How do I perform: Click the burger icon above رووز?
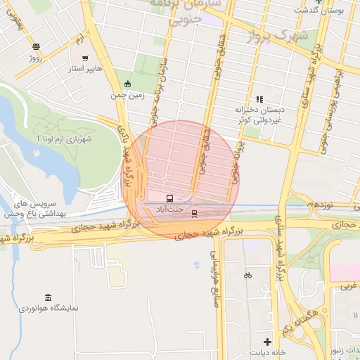pos(36,46)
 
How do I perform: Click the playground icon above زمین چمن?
pos(127,84)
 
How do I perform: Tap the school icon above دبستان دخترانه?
pos(259,99)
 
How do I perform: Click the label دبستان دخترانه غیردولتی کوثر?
pos(259,115)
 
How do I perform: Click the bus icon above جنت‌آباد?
pos(169,198)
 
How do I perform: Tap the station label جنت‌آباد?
pos(169,209)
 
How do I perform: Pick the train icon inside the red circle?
pos(195,214)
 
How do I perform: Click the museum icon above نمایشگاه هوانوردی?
pos(48,297)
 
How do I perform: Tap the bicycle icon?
pos(247,275)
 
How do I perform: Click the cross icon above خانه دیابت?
pos(266,341)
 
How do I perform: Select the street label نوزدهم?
pos(320,204)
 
